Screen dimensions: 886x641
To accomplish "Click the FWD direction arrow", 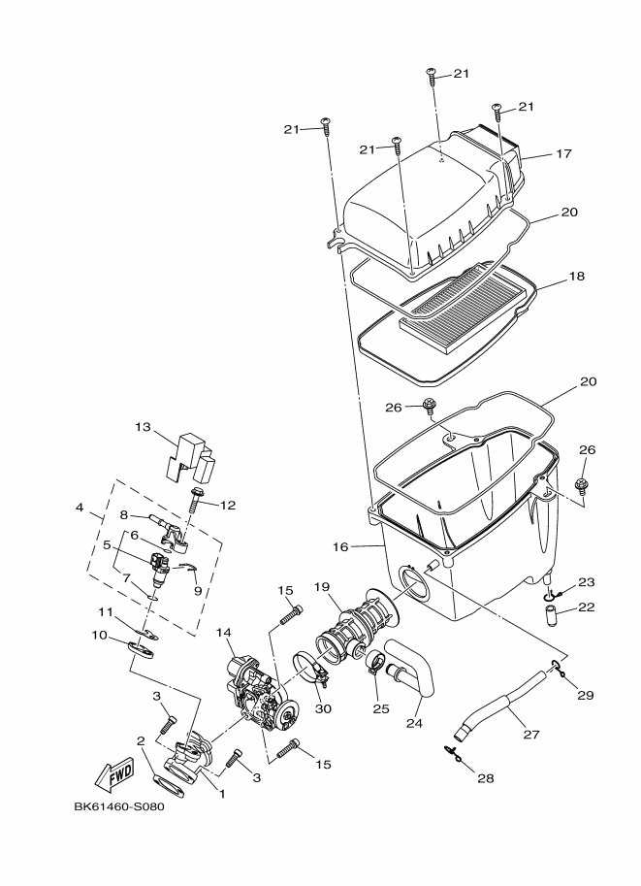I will tap(115, 773).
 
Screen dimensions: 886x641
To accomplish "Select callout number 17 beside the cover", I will tap(564, 153).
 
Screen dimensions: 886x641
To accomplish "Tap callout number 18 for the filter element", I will tap(576, 277).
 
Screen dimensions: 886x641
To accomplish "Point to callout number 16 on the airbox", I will tap(339, 547).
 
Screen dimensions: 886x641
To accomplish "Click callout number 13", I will tap(143, 427).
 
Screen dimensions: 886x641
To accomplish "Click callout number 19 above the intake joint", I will tap(323, 587).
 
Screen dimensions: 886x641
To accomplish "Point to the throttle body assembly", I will tap(257, 694).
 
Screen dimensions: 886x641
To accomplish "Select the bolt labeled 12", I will tap(198, 502).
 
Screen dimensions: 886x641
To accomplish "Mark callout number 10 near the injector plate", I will tap(99, 635).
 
